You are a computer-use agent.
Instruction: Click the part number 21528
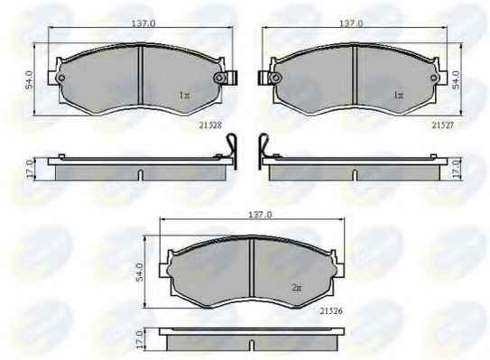[210, 125]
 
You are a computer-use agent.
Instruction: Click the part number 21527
[442, 125]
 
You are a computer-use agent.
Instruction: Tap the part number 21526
[331, 311]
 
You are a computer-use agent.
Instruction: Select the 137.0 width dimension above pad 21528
[143, 23]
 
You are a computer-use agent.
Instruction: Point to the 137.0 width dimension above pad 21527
[351, 23]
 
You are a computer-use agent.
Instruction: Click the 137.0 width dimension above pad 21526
[260, 215]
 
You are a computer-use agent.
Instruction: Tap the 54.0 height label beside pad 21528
[29, 79]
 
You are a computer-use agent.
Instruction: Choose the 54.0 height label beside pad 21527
[456, 79]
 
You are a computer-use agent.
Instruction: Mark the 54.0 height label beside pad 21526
[140, 272]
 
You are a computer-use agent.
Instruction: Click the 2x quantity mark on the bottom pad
[297, 288]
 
